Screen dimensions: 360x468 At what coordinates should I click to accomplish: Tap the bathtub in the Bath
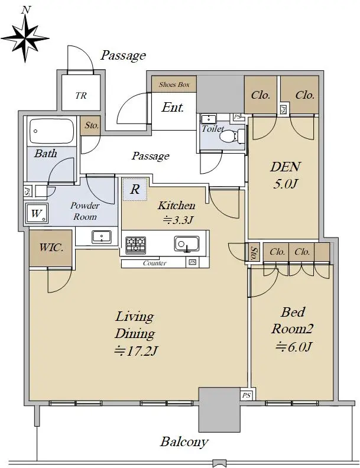[x=52, y=131]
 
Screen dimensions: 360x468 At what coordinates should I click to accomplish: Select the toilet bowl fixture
[x=232, y=136]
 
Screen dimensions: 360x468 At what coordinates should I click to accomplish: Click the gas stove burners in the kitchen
[x=136, y=245]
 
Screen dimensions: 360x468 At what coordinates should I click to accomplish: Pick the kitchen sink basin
[x=187, y=244]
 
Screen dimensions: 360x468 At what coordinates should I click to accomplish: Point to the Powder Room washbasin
[x=102, y=237]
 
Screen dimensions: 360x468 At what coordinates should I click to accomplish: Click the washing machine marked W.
[x=37, y=214]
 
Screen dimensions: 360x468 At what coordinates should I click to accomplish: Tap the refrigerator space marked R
[x=135, y=189]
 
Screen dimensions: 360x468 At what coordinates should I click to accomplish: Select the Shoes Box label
[x=174, y=84]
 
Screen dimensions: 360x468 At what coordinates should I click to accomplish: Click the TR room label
[x=81, y=96]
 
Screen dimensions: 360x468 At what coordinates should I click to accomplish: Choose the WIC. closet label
[x=51, y=248]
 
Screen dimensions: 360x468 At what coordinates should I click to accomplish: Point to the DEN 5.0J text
[x=286, y=175]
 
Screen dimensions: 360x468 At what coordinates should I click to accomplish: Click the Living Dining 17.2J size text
[x=135, y=351]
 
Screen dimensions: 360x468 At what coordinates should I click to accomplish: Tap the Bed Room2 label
[x=293, y=320]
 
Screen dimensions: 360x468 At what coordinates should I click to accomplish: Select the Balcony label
[x=184, y=442]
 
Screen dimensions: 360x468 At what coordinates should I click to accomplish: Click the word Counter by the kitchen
[x=155, y=263]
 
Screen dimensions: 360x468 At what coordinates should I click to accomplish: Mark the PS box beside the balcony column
[x=247, y=395]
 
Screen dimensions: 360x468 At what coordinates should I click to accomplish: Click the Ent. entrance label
[x=173, y=107]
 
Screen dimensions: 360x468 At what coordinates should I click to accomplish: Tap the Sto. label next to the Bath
[x=92, y=125]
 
